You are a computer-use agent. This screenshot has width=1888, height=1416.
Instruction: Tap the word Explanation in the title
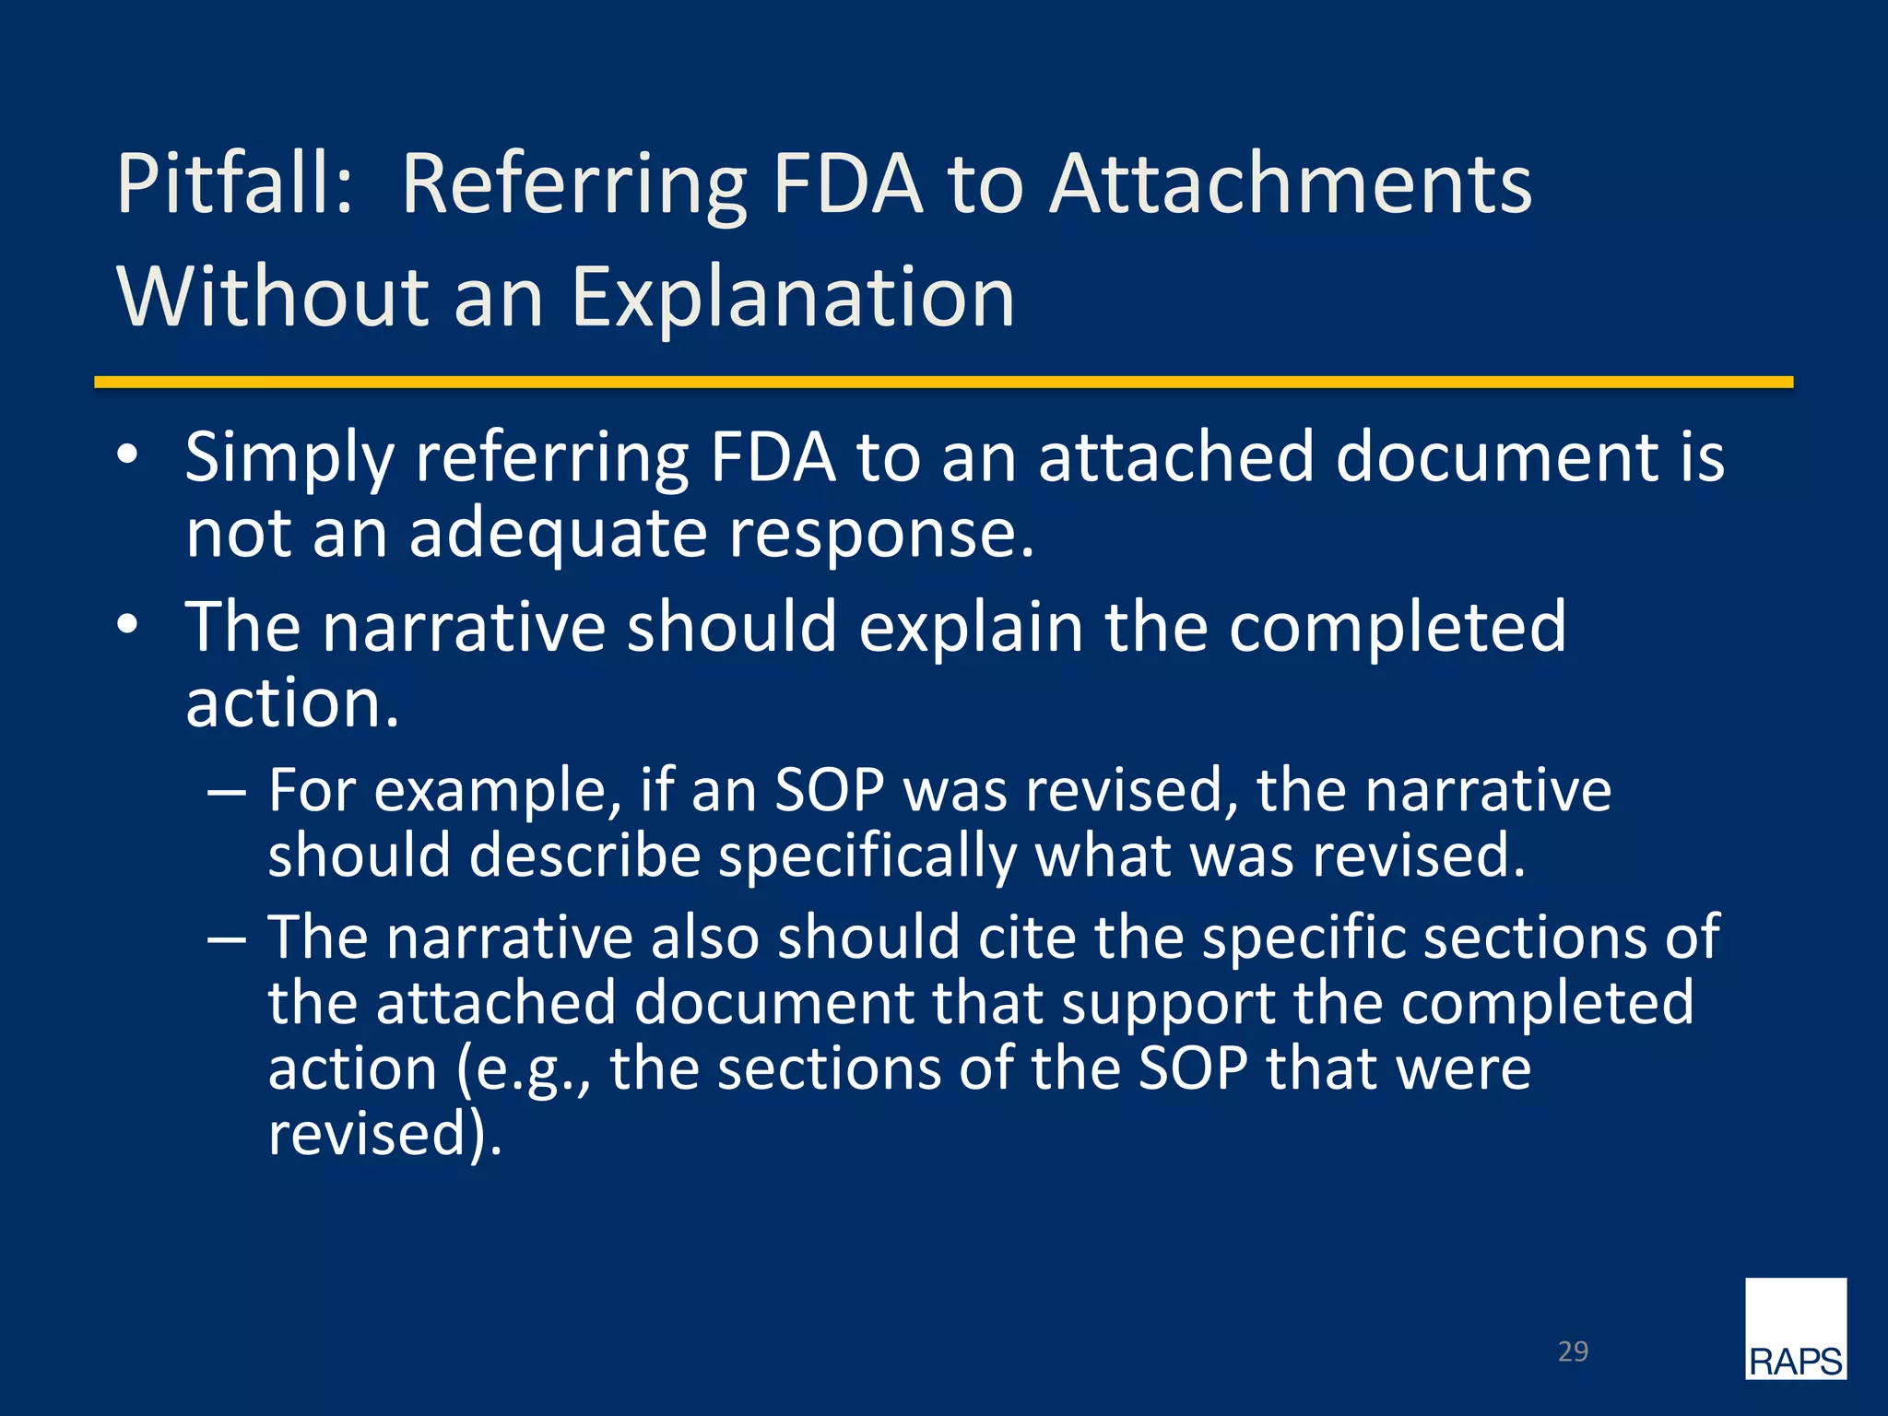click(793, 298)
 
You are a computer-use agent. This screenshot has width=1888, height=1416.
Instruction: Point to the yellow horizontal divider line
click(943, 382)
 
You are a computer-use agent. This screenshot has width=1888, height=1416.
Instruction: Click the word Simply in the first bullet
click(289, 458)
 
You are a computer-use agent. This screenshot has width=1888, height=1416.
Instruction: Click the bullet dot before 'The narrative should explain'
click(127, 624)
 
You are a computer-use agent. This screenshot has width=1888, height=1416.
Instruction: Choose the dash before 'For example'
click(227, 792)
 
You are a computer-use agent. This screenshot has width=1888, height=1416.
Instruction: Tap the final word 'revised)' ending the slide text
click(385, 1134)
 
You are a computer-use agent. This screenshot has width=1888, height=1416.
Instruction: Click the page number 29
click(1573, 1351)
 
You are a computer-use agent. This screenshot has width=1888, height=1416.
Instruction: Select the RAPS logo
click(1795, 1328)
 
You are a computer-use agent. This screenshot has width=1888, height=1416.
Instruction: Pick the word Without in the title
click(273, 298)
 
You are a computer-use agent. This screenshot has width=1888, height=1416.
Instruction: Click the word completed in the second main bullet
click(1398, 627)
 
